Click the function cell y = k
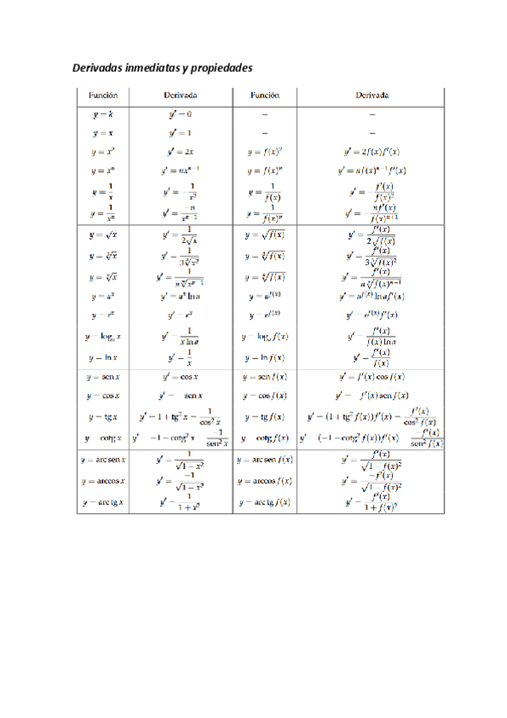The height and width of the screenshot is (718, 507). tap(102, 113)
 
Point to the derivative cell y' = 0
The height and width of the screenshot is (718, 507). tap(180, 113)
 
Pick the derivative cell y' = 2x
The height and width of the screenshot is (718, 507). tap(180, 152)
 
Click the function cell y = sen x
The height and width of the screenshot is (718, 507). tap(102, 376)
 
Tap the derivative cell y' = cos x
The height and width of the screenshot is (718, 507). tap(181, 376)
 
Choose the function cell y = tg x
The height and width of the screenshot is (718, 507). tap(102, 417)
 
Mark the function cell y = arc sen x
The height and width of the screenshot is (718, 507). tap(102, 460)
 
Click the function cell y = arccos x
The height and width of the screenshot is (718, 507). tap(102, 481)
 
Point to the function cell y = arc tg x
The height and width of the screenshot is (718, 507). tap(102, 502)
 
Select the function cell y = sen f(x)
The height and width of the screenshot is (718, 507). tap(265, 376)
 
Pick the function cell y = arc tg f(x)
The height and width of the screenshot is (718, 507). tap(265, 502)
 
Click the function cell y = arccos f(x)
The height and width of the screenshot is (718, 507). tap(265, 481)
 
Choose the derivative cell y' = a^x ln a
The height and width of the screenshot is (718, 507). tap(180, 296)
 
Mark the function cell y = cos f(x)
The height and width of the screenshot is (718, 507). tap(265, 395)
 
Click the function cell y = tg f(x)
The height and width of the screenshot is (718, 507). tap(265, 417)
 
